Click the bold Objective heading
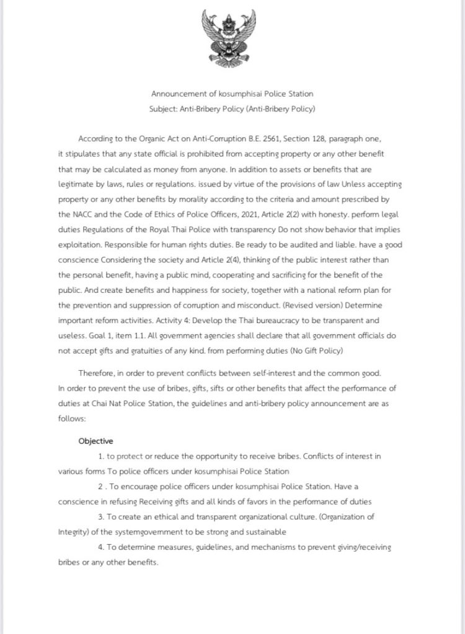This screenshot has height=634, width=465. coord(95,441)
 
